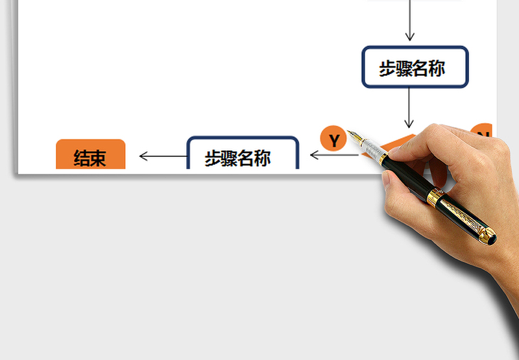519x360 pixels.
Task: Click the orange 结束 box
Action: pyautogui.click(x=91, y=154)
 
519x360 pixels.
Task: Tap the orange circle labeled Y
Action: pyautogui.click(x=333, y=138)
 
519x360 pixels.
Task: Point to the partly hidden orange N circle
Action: pyautogui.click(x=481, y=130)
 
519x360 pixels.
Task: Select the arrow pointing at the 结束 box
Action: pyautogui.click(x=163, y=156)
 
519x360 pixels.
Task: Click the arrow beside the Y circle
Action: pyautogui.click(x=334, y=154)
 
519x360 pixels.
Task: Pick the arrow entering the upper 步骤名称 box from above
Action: pyautogui.click(x=410, y=20)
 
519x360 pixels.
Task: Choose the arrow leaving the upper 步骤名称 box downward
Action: pyautogui.click(x=409, y=108)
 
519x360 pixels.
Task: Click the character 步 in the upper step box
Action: pyautogui.click(x=387, y=69)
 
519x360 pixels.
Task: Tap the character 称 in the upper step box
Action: pyautogui.click(x=437, y=69)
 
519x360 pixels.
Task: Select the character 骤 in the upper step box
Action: pyautogui.click(x=404, y=69)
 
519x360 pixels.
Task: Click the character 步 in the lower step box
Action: pyautogui.click(x=213, y=158)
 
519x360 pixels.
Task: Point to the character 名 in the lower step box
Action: pyautogui.click(x=246, y=158)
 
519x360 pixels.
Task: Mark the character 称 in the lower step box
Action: pyautogui.click(x=263, y=158)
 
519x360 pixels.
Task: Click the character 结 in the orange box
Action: pyautogui.click(x=82, y=158)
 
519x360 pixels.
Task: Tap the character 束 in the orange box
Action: pyautogui.click(x=98, y=158)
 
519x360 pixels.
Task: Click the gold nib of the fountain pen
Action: pyautogui.click(x=355, y=136)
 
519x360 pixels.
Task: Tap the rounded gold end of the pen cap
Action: pyautogui.click(x=488, y=235)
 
